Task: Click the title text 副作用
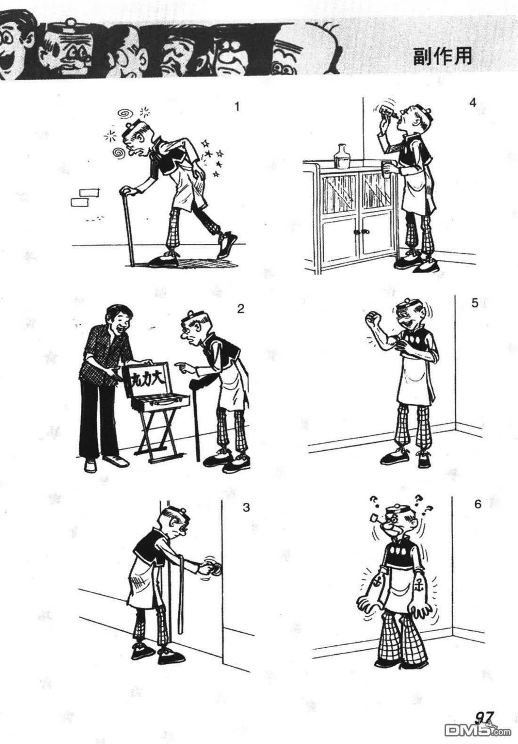tap(442, 57)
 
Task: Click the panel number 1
tap(237, 107)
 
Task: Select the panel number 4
tap(473, 103)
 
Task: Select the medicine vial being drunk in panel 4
tap(388, 111)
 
